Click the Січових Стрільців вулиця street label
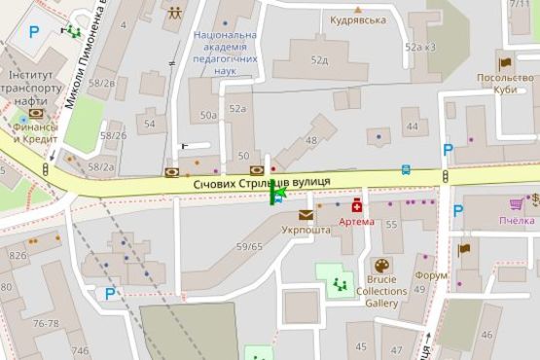coord(262,182)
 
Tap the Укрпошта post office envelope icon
coord(306,215)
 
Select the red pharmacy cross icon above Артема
coord(357,205)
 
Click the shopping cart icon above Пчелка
coord(516,204)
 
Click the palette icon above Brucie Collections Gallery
coord(381,266)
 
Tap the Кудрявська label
coord(357,19)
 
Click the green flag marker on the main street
coord(276,195)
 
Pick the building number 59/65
coord(250,246)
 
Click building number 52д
coord(319,59)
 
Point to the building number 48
coord(311,141)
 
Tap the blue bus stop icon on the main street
coord(406,169)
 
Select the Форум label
coord(431,274)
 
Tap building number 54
coord(150,124)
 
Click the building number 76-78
coord(46,324)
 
